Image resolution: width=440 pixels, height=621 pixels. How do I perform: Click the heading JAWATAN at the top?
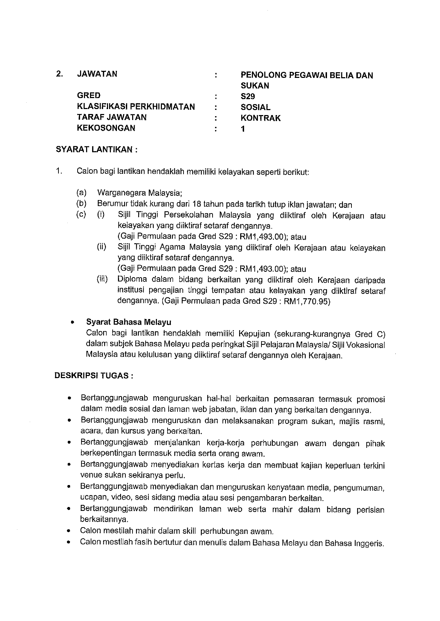pyautogui.click(x=97, y=74)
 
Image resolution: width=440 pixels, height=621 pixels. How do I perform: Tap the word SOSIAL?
pyautogui.click(x=255, y=107)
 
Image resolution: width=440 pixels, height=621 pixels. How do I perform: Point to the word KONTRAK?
pyautogui.click(x=260, y=118)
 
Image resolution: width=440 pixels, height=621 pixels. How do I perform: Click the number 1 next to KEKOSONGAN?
pyautogui.click(x=243, y=129)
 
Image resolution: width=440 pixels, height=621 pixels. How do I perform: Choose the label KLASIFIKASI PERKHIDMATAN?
pyautogui.click(x=136, y=107)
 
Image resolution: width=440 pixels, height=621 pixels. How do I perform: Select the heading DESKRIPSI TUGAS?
pyautogui.click(x=94, y=376)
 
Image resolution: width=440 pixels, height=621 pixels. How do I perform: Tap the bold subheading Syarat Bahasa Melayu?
pyautogui.click(x=129, y=322)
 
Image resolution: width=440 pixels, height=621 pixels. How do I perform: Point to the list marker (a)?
pyautogui.click(x=81, y=193)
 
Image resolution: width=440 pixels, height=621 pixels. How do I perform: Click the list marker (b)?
pyautogui.click(x=81, y=204)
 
